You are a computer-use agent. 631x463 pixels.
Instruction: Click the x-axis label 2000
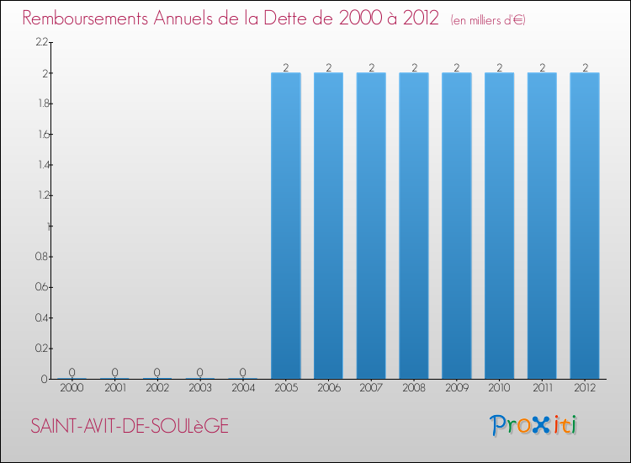click(72, 389)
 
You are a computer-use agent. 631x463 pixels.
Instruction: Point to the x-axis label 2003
click(200, 389)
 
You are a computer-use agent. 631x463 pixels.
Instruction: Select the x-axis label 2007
click(371, 389)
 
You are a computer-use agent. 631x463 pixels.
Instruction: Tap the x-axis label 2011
click(542, 389)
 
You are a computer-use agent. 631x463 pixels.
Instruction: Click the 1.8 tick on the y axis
click(41, 104)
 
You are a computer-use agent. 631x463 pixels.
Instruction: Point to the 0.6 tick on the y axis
click(41, 287)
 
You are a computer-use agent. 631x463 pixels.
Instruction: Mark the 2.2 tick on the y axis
click(41, 42)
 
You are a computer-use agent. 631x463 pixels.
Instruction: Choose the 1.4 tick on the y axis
click(41, 165)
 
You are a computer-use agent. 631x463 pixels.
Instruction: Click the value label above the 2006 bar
click(328, 67)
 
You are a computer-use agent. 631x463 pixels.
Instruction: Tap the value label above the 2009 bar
click(457, 67)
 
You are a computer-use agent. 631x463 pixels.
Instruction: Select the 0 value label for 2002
click(157, 372)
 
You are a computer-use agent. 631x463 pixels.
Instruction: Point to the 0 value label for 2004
click(243, 372)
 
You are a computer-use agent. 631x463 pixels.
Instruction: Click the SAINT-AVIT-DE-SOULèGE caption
click(130, 427)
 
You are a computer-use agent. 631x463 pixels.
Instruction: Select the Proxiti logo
click(533, 425)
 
